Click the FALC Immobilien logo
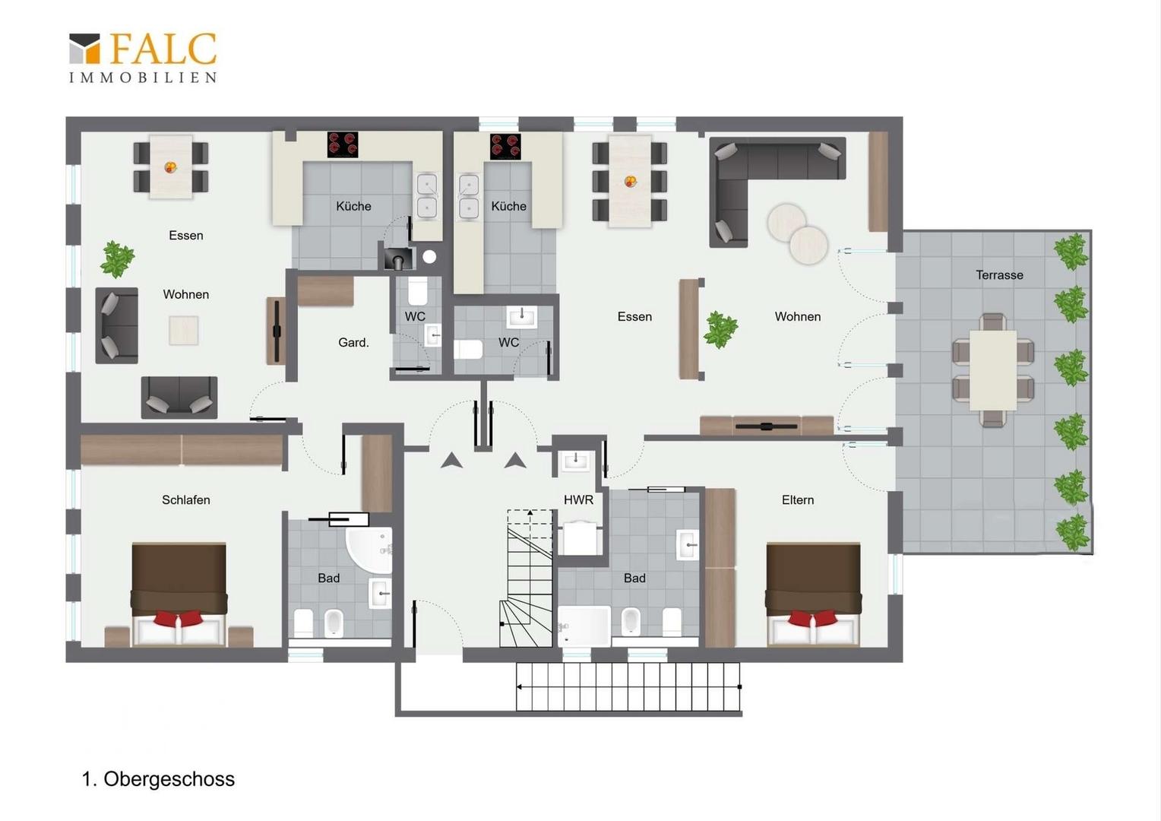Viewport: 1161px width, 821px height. point(143,58)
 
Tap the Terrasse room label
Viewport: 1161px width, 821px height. point(999,275)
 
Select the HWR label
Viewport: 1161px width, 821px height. point(578,500)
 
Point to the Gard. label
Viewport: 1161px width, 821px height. point(353,342)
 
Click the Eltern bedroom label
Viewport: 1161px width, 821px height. point(798,500)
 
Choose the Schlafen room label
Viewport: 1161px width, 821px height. point(186,500)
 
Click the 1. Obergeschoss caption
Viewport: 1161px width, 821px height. point(158,779)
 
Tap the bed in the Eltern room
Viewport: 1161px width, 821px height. point(813,594)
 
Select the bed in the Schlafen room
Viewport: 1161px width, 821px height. point(179,594)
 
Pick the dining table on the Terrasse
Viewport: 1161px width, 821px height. point(993,370)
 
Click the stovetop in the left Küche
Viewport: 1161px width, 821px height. point(343,144)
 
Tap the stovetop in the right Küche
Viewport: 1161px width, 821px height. point(505,146)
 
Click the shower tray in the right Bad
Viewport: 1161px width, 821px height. point(584,626)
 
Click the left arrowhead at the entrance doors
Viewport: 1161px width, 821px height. point(451,461)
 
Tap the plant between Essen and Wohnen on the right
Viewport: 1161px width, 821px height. point(720,329)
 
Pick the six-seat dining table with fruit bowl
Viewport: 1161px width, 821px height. point(630,182)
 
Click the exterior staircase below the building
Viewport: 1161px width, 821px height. point(628,686)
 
